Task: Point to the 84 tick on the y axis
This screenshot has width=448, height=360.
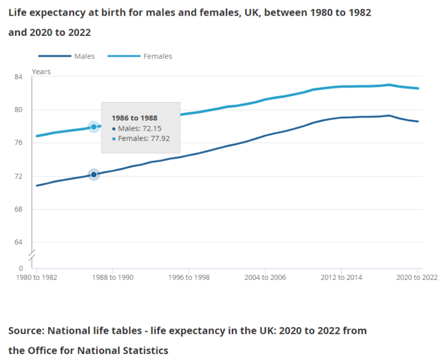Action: click(x=19, y=76)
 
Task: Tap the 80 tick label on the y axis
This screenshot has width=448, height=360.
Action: click(x=19, y=110)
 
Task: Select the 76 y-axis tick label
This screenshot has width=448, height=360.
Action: click(x=19, y=143)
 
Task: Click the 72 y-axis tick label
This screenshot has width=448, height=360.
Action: click(x=19, y=176)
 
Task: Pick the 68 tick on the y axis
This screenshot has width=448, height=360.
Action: click(x=19, y=209)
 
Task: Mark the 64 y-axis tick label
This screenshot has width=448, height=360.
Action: click(x=19, y=242)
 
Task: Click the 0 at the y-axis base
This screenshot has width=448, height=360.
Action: click(x=20, y=269)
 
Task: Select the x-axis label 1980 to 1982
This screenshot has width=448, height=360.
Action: click(x=36, y=278)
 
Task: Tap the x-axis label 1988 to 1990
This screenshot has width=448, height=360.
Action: click(x=112, y=278)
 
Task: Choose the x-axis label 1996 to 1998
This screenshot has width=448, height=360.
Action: click(x=188, y=278)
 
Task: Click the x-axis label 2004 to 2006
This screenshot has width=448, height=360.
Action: click(x=264, y=278)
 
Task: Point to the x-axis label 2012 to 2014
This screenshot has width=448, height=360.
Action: click(x=340, y=278)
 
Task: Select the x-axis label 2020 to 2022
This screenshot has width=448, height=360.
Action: click(x=416, y=278)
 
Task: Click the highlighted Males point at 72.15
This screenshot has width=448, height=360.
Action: click(x=94, y=174)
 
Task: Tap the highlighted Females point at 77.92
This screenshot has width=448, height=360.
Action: click(x=94, y=127)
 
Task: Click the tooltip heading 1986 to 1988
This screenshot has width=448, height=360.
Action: click(x=134, y=118)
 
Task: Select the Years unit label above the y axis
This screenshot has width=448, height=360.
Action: click(x=41, y=72)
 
